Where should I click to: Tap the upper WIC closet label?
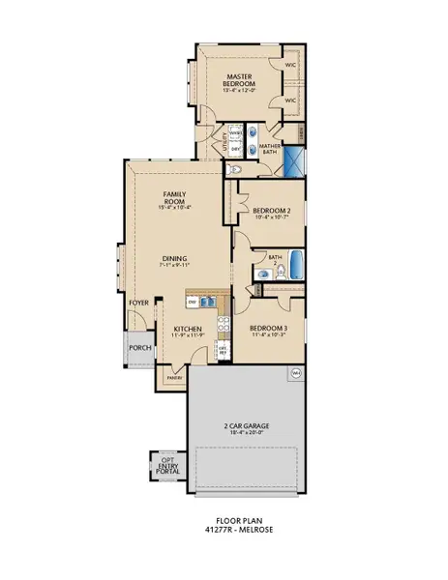(290, 65)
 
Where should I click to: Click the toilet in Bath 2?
(261, 276)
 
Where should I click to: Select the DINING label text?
(174, 259)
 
